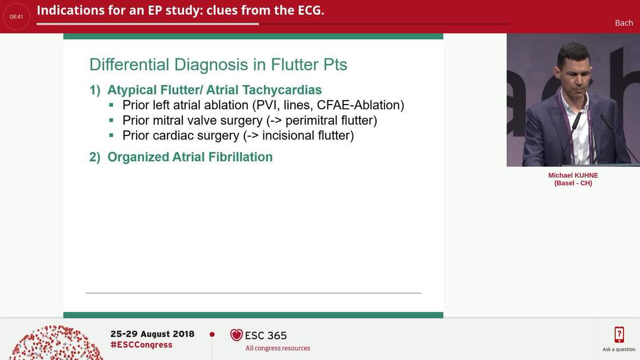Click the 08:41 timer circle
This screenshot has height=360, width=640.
click(x=17, y=17)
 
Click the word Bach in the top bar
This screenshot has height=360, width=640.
click(x=623, y=23)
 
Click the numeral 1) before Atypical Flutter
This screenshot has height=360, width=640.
click(x=95, y=90)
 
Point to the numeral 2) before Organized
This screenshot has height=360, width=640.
click(x=95, y=157)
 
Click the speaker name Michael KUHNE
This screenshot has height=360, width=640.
click(x=573, y=175)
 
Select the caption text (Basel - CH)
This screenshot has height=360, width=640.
click(x=573, y=183)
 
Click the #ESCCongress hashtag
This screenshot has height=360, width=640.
click(x=141, y=345)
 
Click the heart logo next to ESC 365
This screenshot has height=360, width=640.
click(x=236, y=335)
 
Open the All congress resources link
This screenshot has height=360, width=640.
click(x=278, y=348)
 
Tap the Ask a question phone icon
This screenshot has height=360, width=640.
click(x=619, y=335)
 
